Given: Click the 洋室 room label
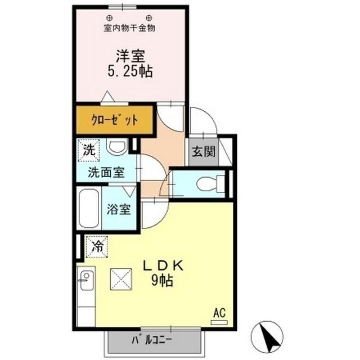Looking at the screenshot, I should pos(131,56).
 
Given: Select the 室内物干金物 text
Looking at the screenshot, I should pos(130,27).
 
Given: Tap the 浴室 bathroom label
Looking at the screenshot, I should pos(119,210).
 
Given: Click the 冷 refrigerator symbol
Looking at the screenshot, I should pos(97,246).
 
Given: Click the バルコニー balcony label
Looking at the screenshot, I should pos(152,340).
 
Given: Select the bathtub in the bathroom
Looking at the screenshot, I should pos(89,209).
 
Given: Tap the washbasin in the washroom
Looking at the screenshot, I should pos(116,148).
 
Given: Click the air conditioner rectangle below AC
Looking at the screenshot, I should pos(218,322).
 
